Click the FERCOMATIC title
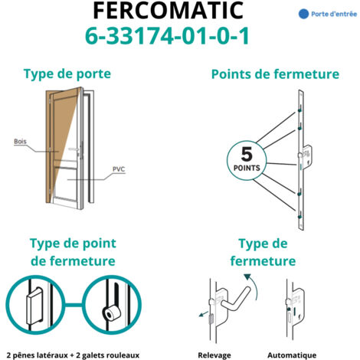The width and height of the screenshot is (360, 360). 168,10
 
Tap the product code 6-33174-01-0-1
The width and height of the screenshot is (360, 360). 167,36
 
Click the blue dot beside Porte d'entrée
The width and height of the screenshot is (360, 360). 303,14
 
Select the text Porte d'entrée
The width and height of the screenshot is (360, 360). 334,14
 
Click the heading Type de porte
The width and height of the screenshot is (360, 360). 67,74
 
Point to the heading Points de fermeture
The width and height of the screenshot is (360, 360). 275,74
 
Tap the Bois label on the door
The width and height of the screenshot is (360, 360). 20,141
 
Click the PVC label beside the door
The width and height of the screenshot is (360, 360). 119,169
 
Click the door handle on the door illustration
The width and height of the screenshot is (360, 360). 74,149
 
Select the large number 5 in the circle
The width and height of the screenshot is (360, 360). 247,154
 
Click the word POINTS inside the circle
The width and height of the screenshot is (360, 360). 247,168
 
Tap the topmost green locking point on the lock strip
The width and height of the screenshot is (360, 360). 299,111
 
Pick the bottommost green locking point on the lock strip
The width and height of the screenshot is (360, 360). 299,217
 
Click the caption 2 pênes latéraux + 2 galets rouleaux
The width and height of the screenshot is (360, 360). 73,355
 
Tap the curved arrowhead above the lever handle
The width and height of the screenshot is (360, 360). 247,277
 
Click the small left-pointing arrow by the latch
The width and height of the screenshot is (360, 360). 204,314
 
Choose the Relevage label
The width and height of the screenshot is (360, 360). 214,355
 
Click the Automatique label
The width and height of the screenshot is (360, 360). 292,355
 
